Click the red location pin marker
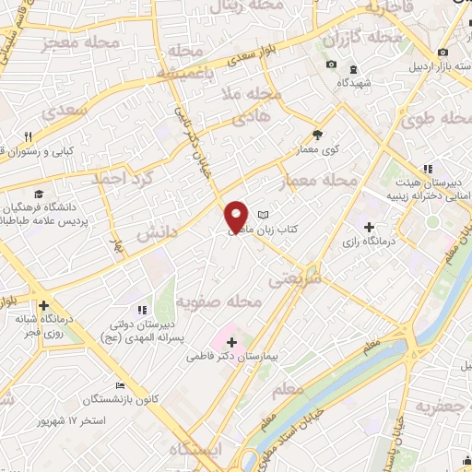click(x=237, y=217)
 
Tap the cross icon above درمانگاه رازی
click(x=370, y=226)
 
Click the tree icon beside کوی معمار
click(x=317, y=134)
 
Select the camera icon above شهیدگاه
click(x=332, y=65)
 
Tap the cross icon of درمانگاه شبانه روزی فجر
click(x=42, y=306)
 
